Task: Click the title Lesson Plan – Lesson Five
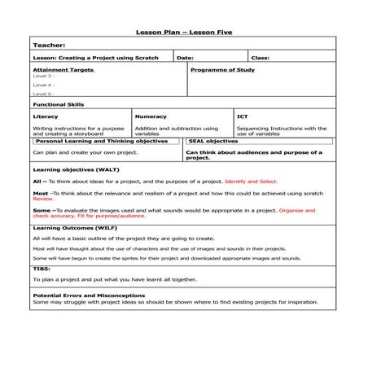point(183,33)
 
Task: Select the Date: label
point(185,58)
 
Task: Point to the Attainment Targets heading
point(63,70)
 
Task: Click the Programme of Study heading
point(222,70)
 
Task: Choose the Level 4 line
point(43,85)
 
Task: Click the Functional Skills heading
point(58,104)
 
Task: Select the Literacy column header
point(46,116)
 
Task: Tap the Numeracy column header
point(151,116)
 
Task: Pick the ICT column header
point(243,116)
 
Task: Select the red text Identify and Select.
point(251,181)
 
